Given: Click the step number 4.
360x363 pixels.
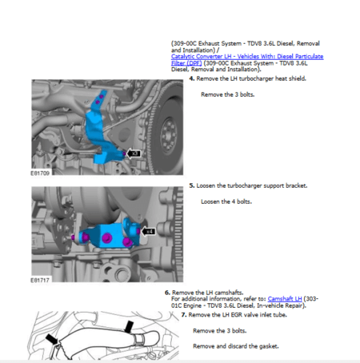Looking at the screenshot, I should (x=191, y=78).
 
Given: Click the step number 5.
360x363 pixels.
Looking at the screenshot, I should (x=191, y=185).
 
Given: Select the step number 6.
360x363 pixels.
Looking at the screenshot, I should (x=167, y=293).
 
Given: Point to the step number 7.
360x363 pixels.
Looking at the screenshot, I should (x=184, y=315).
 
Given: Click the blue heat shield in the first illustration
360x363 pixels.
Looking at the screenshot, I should (x=102, y=132).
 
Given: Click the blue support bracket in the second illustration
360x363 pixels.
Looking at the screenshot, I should (x=103, y=233).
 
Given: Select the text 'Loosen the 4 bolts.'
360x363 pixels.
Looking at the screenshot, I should (x=226, y=201).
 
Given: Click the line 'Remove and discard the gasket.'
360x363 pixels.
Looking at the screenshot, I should (x=235, y=345).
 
